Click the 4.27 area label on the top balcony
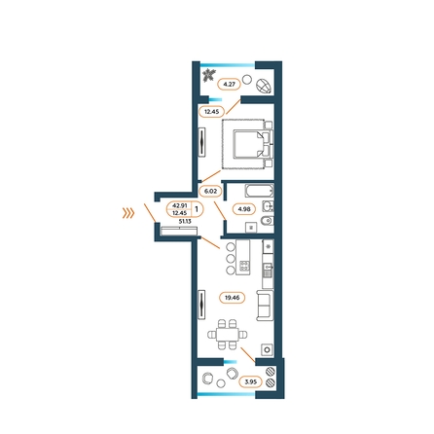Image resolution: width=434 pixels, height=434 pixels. coord(230,84)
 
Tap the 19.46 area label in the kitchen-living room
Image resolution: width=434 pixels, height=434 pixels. coord(232,298)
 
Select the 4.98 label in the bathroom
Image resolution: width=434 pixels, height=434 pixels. coord(244,209)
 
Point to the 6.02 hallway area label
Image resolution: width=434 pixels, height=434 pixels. coord(210,191)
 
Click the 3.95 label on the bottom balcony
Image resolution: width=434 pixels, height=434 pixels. coord(250,381)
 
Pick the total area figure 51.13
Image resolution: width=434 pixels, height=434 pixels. coord(185,221)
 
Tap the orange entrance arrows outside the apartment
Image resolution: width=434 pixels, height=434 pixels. coord(128,213)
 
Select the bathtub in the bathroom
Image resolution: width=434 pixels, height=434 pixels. coord(259,191)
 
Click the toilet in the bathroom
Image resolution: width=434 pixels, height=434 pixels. coord(267,221)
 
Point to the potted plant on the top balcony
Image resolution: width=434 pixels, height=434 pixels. coord(207,76)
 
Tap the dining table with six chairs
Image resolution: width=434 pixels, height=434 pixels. coord(228,334)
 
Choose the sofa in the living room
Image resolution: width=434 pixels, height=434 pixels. coord(266,305)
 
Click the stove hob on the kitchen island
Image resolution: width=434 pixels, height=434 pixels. coord(244,266)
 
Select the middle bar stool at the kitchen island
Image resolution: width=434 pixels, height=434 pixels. coord(231,258)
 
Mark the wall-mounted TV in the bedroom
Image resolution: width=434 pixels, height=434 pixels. coord(202,142)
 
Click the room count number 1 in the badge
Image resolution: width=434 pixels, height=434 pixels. coord(197,209)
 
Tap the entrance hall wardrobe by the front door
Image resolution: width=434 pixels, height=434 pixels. coord(179,231)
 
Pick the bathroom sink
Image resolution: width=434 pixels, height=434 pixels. coord(268,206)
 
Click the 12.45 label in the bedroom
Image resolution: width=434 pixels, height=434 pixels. coord(211,112)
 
